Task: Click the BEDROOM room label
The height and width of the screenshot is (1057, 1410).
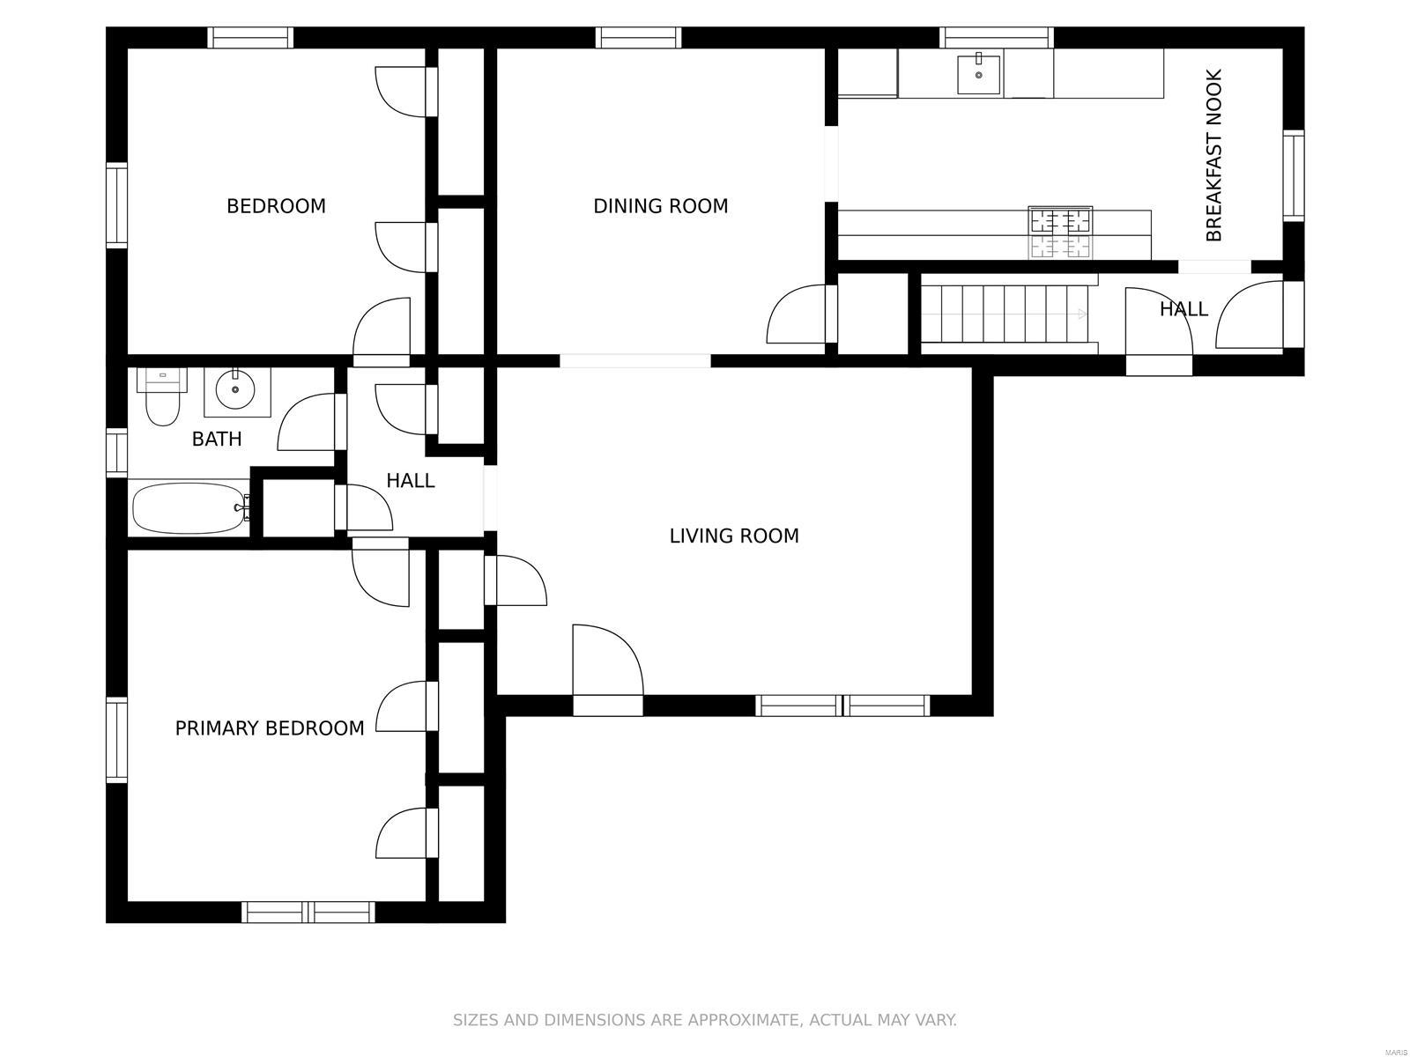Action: pos(276,206)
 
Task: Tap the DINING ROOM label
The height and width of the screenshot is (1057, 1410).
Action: pos(660,206)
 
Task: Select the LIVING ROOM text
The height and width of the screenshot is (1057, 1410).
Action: pos(734,536)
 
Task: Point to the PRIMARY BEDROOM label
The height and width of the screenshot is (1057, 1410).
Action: pos(270,728)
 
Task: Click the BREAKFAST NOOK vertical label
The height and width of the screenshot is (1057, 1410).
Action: pos(1213,155)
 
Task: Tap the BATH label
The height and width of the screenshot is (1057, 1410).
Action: pos(217,439)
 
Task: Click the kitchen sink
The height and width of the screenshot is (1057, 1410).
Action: pos(978,75)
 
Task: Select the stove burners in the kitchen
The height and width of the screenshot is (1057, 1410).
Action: pos(1060,233)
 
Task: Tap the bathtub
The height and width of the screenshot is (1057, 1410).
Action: pos(191,508)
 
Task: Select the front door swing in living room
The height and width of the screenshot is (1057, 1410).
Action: pos(607,661)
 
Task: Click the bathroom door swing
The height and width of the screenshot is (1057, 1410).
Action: pos(307,422)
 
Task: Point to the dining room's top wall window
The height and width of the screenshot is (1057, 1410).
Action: pos(639,38)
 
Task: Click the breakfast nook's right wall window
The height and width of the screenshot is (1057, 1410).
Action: pos(1294,176)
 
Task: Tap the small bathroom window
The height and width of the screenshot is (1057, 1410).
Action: pos(117,453)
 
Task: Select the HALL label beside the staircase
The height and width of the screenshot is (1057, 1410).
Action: pos(1184,309)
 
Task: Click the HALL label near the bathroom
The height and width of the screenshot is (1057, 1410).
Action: pos(411,481)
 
